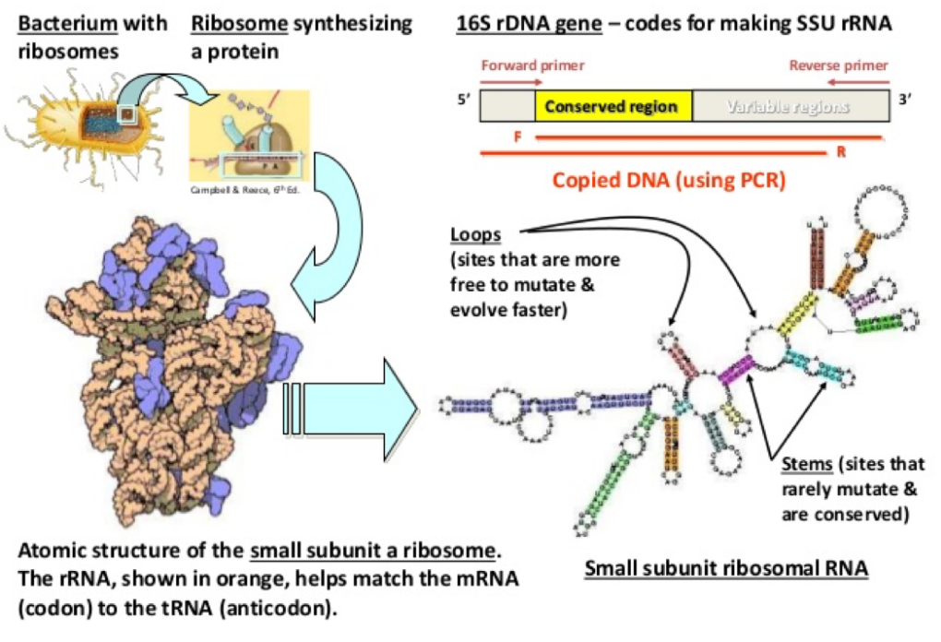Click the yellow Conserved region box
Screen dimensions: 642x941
pyautogui.click(x=613, y=106)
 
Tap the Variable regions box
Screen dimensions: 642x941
pyautogui.click(x=787, y=106)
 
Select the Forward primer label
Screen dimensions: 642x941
pyautogui.click(x=532, y=65)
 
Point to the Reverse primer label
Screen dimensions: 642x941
pyautogui.click(x=838, y=65)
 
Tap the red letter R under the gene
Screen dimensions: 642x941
pyautogui.click(x=840, y=152)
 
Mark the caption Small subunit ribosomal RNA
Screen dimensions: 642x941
pyautogui.click(x=726, y=568)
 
